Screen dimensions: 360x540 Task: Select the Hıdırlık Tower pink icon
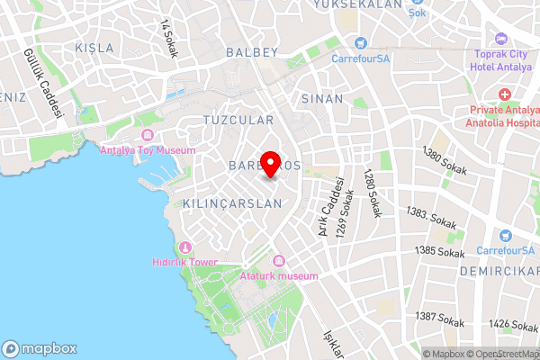click(185, 247)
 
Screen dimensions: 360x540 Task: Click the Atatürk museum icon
click(279, 261)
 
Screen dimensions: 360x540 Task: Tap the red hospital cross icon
click(506, 94)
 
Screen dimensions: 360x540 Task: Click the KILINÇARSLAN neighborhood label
click(232, 204)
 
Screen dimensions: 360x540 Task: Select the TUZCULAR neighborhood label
click(238, 120)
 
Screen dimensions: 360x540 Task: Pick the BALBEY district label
click(253, 52)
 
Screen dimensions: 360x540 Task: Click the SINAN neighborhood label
click(323, 98)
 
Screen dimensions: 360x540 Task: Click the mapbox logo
click(40, 348)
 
